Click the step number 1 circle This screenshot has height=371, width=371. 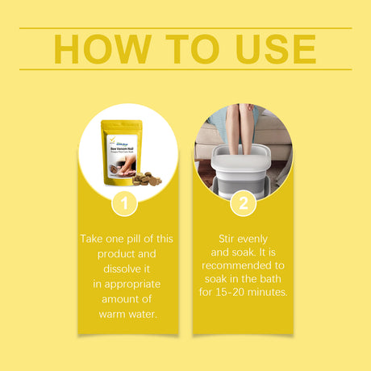[x=123, y=204]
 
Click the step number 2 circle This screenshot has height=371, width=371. [x=243, y=204]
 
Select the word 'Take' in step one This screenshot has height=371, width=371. [x=93, y=240]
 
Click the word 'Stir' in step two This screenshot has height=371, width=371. [x=231, y=240]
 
